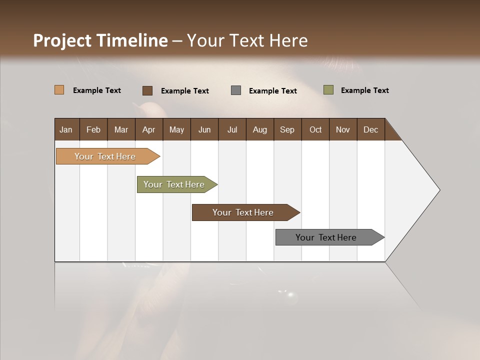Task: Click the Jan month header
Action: point(66,129)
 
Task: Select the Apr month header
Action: point(149,129)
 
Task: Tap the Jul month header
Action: point(232,129)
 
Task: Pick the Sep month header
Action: point(287,129)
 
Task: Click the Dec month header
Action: point(370,129)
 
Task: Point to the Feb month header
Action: point(93,129)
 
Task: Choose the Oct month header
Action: point(315,129)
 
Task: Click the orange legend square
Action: point(59,90)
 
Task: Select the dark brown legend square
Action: point(147,90)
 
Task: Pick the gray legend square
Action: point(236,90)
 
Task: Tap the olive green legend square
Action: point(328,90)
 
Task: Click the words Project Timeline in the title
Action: point(100,40)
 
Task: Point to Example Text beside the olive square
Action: point(364,90)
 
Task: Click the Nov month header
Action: point(343,129)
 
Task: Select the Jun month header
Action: point(204,129)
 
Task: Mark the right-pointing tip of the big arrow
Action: point(438,190)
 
